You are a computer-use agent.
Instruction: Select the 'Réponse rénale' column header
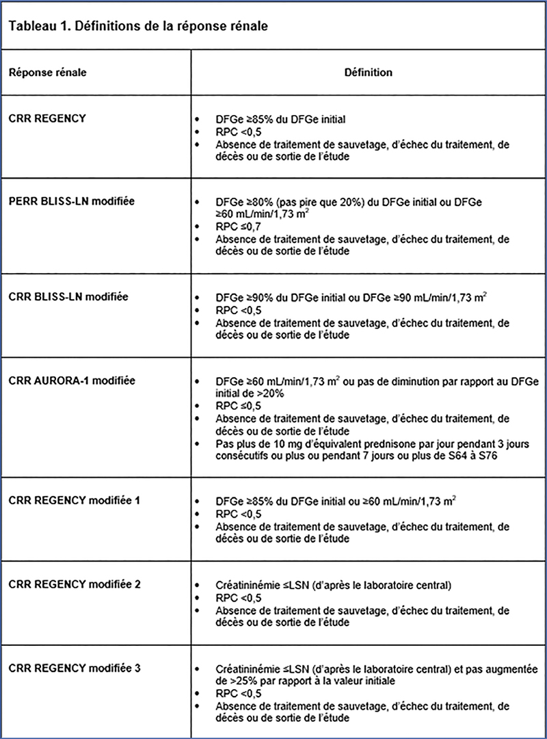click(47, 72)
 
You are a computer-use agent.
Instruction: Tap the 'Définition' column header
click(369, 72)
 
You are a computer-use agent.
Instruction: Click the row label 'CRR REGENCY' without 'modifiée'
click(47, 118)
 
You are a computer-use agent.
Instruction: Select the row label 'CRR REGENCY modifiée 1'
click(75, 500)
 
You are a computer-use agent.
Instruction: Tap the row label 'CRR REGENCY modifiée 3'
click(75, 667)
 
